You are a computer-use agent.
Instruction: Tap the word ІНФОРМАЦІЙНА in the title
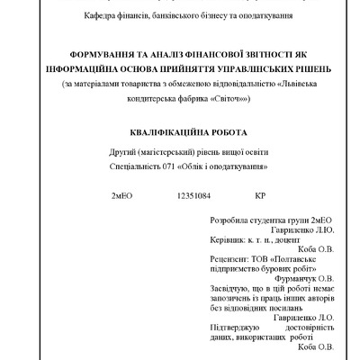tap(93, 70)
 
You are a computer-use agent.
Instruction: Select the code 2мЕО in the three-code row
tap(123, 194)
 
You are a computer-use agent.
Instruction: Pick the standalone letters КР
tap(261, 194)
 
